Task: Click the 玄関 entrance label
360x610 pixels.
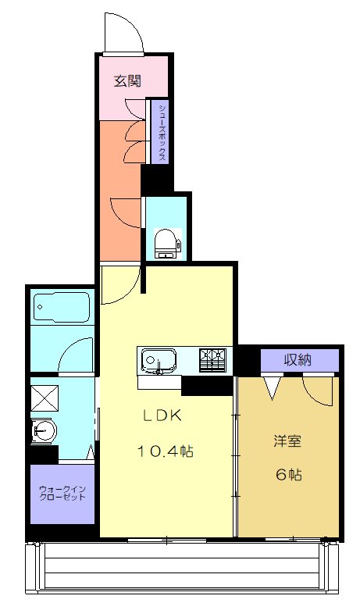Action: (x=127, y=81)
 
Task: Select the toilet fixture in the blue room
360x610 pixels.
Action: (x=166, y=243)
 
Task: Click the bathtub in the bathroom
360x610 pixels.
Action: (x=62, y=308)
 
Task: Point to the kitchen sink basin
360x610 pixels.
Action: (x=159, y=361)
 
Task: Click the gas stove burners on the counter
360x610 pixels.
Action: (x=212, y=360)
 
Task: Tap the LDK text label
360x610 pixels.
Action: (x=162, y=416)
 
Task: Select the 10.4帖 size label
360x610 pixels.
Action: (x=165, y=451)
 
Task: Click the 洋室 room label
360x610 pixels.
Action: (x=287, y=441)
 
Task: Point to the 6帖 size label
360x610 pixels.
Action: (x=289, y=475)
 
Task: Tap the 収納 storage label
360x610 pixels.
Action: (x=298, y=360)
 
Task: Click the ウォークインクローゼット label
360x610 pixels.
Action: (x=62, y=493)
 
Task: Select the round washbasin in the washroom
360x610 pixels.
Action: (x=44, y=431)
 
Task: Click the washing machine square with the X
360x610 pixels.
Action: (x=45, y=398)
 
